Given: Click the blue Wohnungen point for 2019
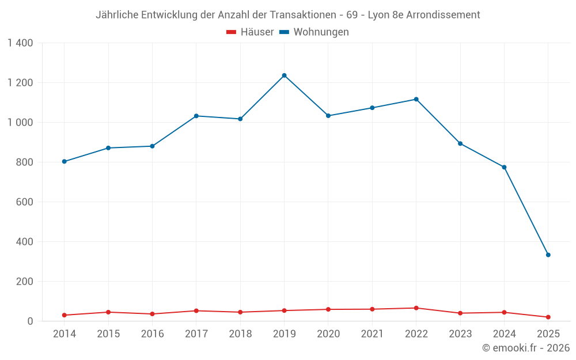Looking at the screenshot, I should (x=284, y=75).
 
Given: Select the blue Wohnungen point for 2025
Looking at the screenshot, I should (x=548, y=255).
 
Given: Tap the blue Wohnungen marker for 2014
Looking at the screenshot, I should (x=65, y=161).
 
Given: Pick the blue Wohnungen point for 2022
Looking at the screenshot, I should (x=416, y=99).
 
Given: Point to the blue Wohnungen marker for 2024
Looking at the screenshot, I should (x=504, y=167).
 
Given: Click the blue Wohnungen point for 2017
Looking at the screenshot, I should (x=196, y=116).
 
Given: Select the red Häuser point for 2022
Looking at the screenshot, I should (x=416, y=308).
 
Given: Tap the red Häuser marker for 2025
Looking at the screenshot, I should (x=548, y=317).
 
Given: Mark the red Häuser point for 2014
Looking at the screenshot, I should (x=65, y=315).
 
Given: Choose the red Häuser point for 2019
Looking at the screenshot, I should (x=284, y=310).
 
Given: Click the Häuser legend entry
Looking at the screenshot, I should (x=250, y=32).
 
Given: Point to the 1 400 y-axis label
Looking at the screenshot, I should (x=21, y=43).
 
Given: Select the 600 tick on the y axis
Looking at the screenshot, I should (x=24, y=202).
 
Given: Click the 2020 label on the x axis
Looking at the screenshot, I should (x=328, y=334).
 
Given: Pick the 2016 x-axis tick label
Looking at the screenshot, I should (x=152, y=334).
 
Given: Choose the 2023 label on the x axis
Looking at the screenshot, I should (x=460, y=334).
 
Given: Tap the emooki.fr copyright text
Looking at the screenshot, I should (x=525, y=348).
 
